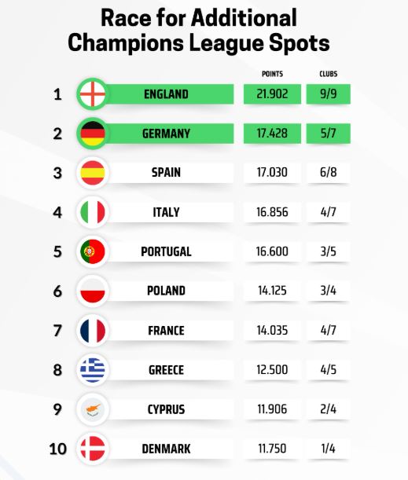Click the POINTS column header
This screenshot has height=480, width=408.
(272, 74)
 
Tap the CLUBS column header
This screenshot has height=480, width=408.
(328, 74)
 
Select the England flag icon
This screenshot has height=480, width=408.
(93, 94)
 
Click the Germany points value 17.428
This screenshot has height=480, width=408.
(272, 134)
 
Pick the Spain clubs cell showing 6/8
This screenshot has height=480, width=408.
(328, 172)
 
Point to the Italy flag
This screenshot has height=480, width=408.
(93, 212)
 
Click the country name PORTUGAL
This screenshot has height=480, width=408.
(166, 251)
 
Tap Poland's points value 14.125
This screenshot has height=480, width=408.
(272, 291)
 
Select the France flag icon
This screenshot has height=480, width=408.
(93, 331)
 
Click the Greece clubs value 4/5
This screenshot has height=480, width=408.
(328, 370)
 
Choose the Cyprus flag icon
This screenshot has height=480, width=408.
(93, 409)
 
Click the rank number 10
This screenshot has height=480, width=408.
(57, 449)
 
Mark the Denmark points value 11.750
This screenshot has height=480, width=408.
(272, 449)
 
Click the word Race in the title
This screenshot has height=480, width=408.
(126, 18)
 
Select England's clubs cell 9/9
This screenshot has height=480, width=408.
(328, 94)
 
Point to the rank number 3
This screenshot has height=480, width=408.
(57, 173)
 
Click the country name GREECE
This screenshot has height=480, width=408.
(166, 370)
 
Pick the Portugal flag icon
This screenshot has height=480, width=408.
(93, 251)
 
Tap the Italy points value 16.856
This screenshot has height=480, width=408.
(272, 212)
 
